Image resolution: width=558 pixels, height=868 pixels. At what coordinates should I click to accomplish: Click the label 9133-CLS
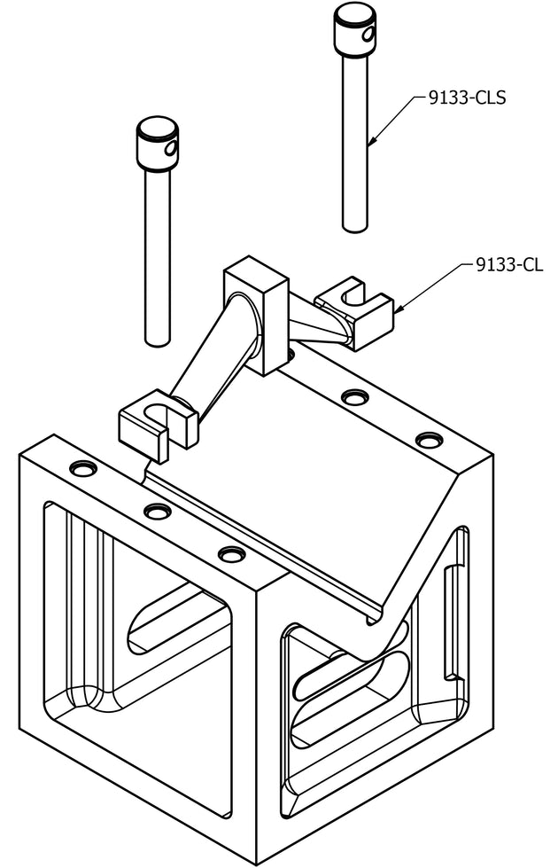tap(467, 98)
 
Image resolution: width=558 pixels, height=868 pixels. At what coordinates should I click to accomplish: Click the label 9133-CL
tap(509, 264)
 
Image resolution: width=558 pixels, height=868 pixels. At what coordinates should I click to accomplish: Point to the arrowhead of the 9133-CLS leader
tap(372, 142)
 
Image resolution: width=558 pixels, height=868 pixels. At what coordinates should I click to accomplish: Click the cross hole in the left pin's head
tap(172, 148)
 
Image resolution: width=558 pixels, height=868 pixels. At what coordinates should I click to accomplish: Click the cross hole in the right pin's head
tap(368, 35)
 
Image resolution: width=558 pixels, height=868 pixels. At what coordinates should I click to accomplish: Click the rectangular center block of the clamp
tap(256, 315)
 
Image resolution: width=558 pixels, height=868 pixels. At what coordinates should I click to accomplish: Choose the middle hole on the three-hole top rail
tap(157, 511)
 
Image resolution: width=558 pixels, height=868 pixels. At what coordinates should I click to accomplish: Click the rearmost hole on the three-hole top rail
tap(83, 468)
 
